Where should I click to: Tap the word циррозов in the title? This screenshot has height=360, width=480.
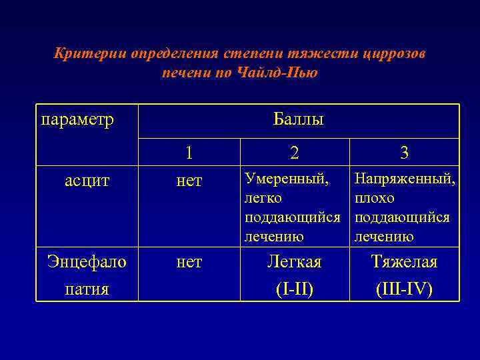click(394, 54)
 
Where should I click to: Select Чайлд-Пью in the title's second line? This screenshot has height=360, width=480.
click(277, 73)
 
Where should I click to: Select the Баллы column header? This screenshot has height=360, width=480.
click(298, 120)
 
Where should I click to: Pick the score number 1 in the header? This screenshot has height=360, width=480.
click(189, 153)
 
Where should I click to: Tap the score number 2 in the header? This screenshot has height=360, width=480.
click(295, 153)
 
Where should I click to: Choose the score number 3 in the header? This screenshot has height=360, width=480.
click(404, 153)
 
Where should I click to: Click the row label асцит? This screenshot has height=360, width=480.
click(87, 181)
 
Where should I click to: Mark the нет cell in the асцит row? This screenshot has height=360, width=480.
click(189, 181)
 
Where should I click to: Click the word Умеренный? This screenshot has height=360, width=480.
click(286, 179)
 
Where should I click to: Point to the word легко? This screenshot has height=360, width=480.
click(263, 198)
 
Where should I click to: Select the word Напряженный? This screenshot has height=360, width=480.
click(405, 179)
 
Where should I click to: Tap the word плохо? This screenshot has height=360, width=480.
click(375, 198)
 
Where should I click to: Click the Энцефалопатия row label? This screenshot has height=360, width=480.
click(87, 275)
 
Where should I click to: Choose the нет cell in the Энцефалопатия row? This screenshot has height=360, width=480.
click(189, 263)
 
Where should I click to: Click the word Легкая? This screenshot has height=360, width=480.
click(295, 263)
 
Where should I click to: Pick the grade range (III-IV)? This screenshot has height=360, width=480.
click(404, 289)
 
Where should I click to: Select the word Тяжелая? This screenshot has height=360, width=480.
click(404, 263)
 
